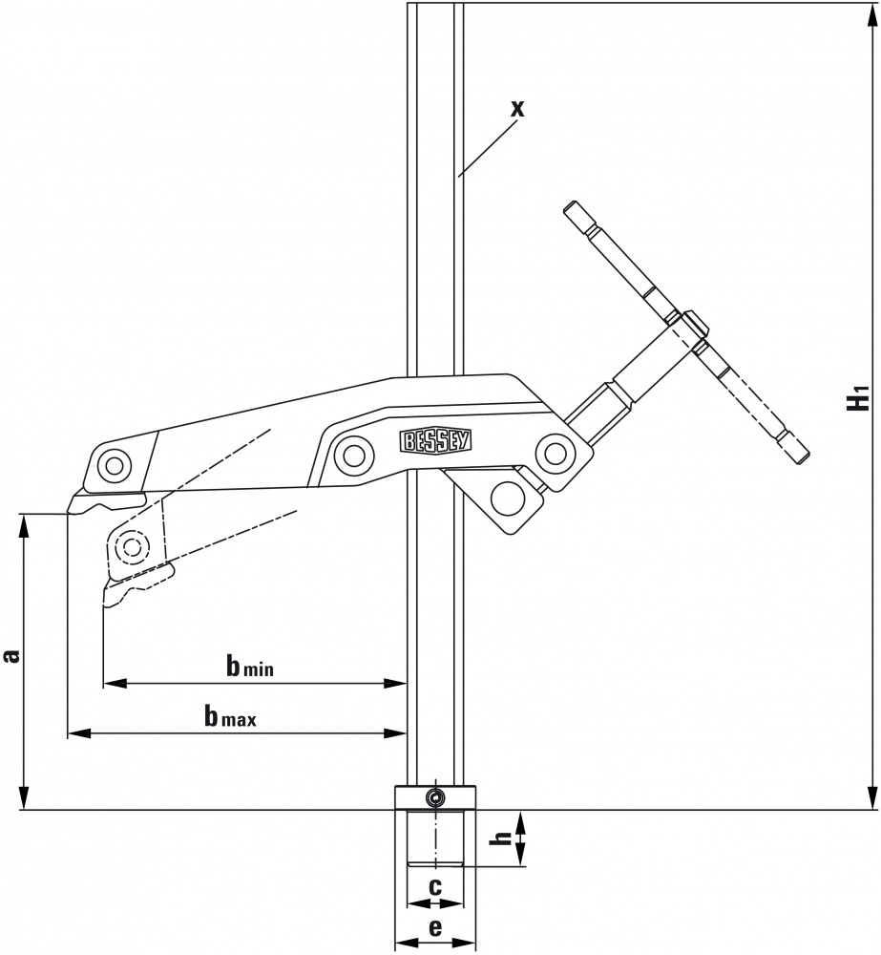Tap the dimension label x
click(x=517, y=109)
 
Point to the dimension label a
click(x=11, y=655)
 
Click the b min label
click(x=250, y=667)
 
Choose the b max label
click(x=230, y=717)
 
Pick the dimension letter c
click(x=434, y=887)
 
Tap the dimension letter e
click(x=435, y=927)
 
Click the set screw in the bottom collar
click(x=434, y=797)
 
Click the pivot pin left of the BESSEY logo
click(x=353, y=454)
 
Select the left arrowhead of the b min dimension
click(x=115, y=684)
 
